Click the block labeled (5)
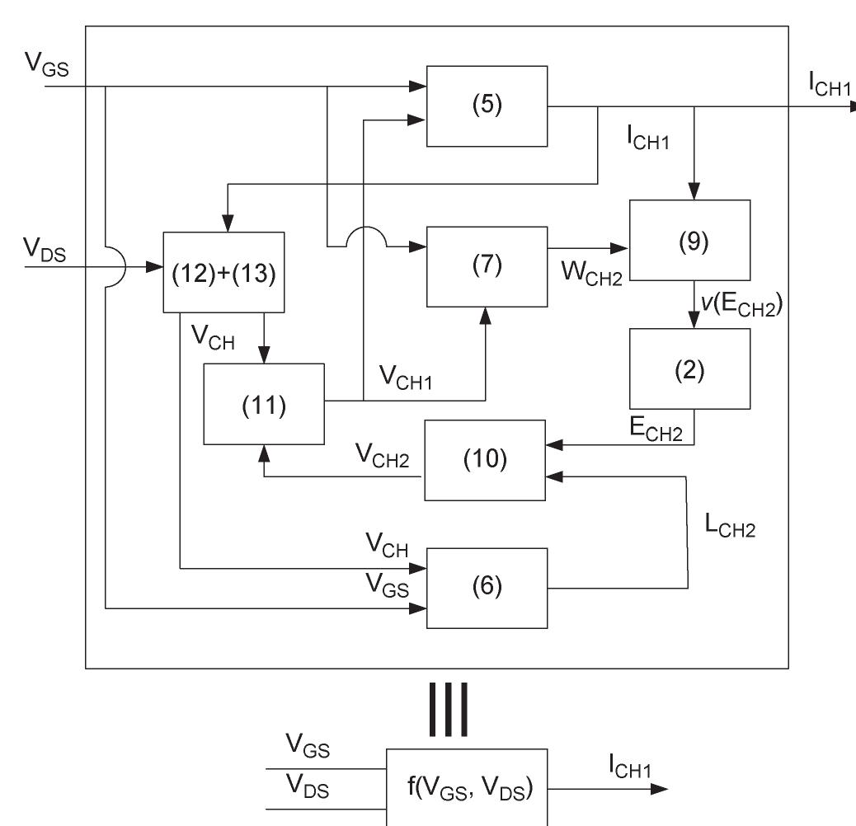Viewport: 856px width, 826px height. pyautogui.click(x=487, y=106)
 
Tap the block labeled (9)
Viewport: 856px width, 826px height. pyautogui.click(x=689, y=240)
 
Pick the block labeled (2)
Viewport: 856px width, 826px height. pyautogui.click(x=689, y=368)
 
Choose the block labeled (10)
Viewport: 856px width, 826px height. pyautogui.click(x=485, y=459)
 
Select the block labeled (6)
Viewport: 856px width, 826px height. pyautogui.click(x=487, y=588)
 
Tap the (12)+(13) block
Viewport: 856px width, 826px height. pyautogui.click(x=224, y=272)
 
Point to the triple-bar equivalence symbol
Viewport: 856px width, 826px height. pyautogui.click(x=449, y=708)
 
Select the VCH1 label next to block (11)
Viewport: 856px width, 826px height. pyautogui.click(x=406, y=378)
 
